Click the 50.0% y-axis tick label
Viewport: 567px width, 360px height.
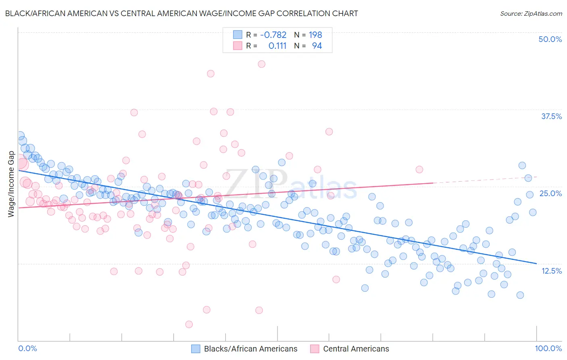(550, 39)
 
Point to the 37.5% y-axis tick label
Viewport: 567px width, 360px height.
(551, 116)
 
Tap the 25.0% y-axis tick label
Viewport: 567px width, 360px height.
(550, 193)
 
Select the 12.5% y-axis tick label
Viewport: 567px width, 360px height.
(551, 271)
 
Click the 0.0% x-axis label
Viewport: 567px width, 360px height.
(28, 348)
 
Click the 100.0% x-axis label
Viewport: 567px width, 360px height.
(548, 348)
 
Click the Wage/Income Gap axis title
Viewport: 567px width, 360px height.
(11, 184)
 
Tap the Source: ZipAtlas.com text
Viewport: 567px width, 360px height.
(531, 13)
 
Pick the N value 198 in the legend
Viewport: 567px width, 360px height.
(315, 35)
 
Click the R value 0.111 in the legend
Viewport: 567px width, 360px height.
(277, 46)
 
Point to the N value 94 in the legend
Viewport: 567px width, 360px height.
(317, 46)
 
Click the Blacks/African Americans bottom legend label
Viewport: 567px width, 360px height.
(250, 349)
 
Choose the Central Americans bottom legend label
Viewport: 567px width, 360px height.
(356, 349)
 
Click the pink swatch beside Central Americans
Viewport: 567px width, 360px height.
(315, 349)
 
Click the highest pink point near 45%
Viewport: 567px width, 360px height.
(261, 64)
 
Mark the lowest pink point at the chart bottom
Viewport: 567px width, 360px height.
(189, 324)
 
